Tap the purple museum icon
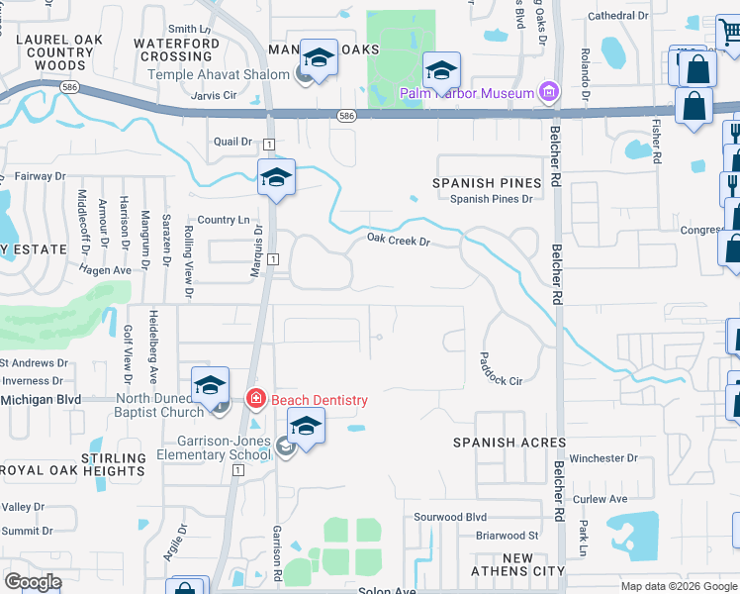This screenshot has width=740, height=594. click(548, 93)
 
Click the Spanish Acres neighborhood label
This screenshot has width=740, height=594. click(509, 443)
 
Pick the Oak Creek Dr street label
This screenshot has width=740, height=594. click(399, 240)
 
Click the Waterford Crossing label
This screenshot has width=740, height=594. click(176, 49)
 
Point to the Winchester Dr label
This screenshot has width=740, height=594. click(605, 458)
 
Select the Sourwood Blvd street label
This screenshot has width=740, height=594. click(450, 517)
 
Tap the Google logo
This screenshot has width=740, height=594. click(33, 581)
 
